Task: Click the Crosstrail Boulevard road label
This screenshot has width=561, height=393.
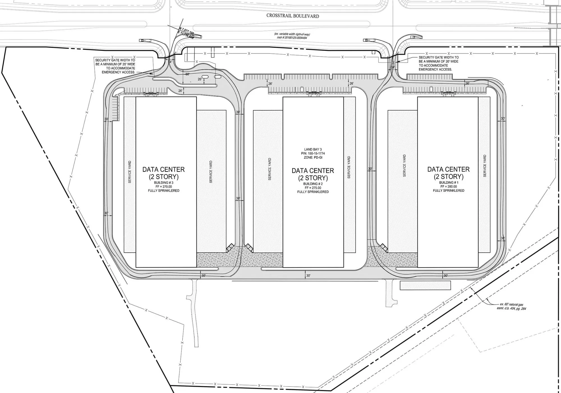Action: click(293, 16)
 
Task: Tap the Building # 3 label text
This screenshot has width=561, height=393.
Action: click(164, 183)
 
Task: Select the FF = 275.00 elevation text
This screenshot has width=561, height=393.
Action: click(313, 188)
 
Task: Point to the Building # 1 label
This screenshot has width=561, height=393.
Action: click(449, 182)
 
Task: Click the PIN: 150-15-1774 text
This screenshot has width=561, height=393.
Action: click(313, 154)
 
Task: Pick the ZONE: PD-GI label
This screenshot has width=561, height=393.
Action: click(313, 157)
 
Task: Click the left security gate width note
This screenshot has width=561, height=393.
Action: click(115, 66)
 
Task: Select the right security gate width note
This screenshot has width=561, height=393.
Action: click(438, 63)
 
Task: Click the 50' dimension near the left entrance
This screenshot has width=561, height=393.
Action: click(187, 74)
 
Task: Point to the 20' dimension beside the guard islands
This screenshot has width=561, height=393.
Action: click(200, 79)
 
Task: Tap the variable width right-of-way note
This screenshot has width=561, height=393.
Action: click(292, 36)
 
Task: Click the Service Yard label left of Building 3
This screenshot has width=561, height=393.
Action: click(130, 172)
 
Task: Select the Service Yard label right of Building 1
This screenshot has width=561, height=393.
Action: click(485, 166)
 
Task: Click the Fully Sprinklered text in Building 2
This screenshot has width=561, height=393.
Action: click(313, 192)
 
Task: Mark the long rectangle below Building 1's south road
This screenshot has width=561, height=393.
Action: click(425, 285)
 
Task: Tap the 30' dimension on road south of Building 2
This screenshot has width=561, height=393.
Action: click(308, 276)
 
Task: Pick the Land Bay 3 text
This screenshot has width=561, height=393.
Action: click(313, 150)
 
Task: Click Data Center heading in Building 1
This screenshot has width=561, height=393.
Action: click(448, 169)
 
